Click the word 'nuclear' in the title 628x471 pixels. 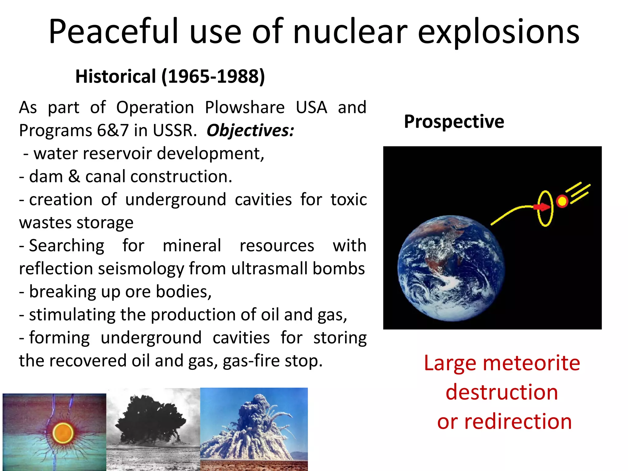click(350, 32)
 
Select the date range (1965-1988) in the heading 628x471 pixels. click(213, 77)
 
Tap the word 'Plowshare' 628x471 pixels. click(245, 108)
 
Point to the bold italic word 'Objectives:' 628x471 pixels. click(250, 131)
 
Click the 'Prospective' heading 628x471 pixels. click(454, 122)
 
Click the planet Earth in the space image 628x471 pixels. click(451, 268)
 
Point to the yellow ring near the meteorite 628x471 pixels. click(546, 209)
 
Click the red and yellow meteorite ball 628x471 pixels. click(562, 201)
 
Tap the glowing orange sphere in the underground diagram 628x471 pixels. click(63, 433)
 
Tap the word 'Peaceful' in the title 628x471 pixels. click(113, 32)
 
